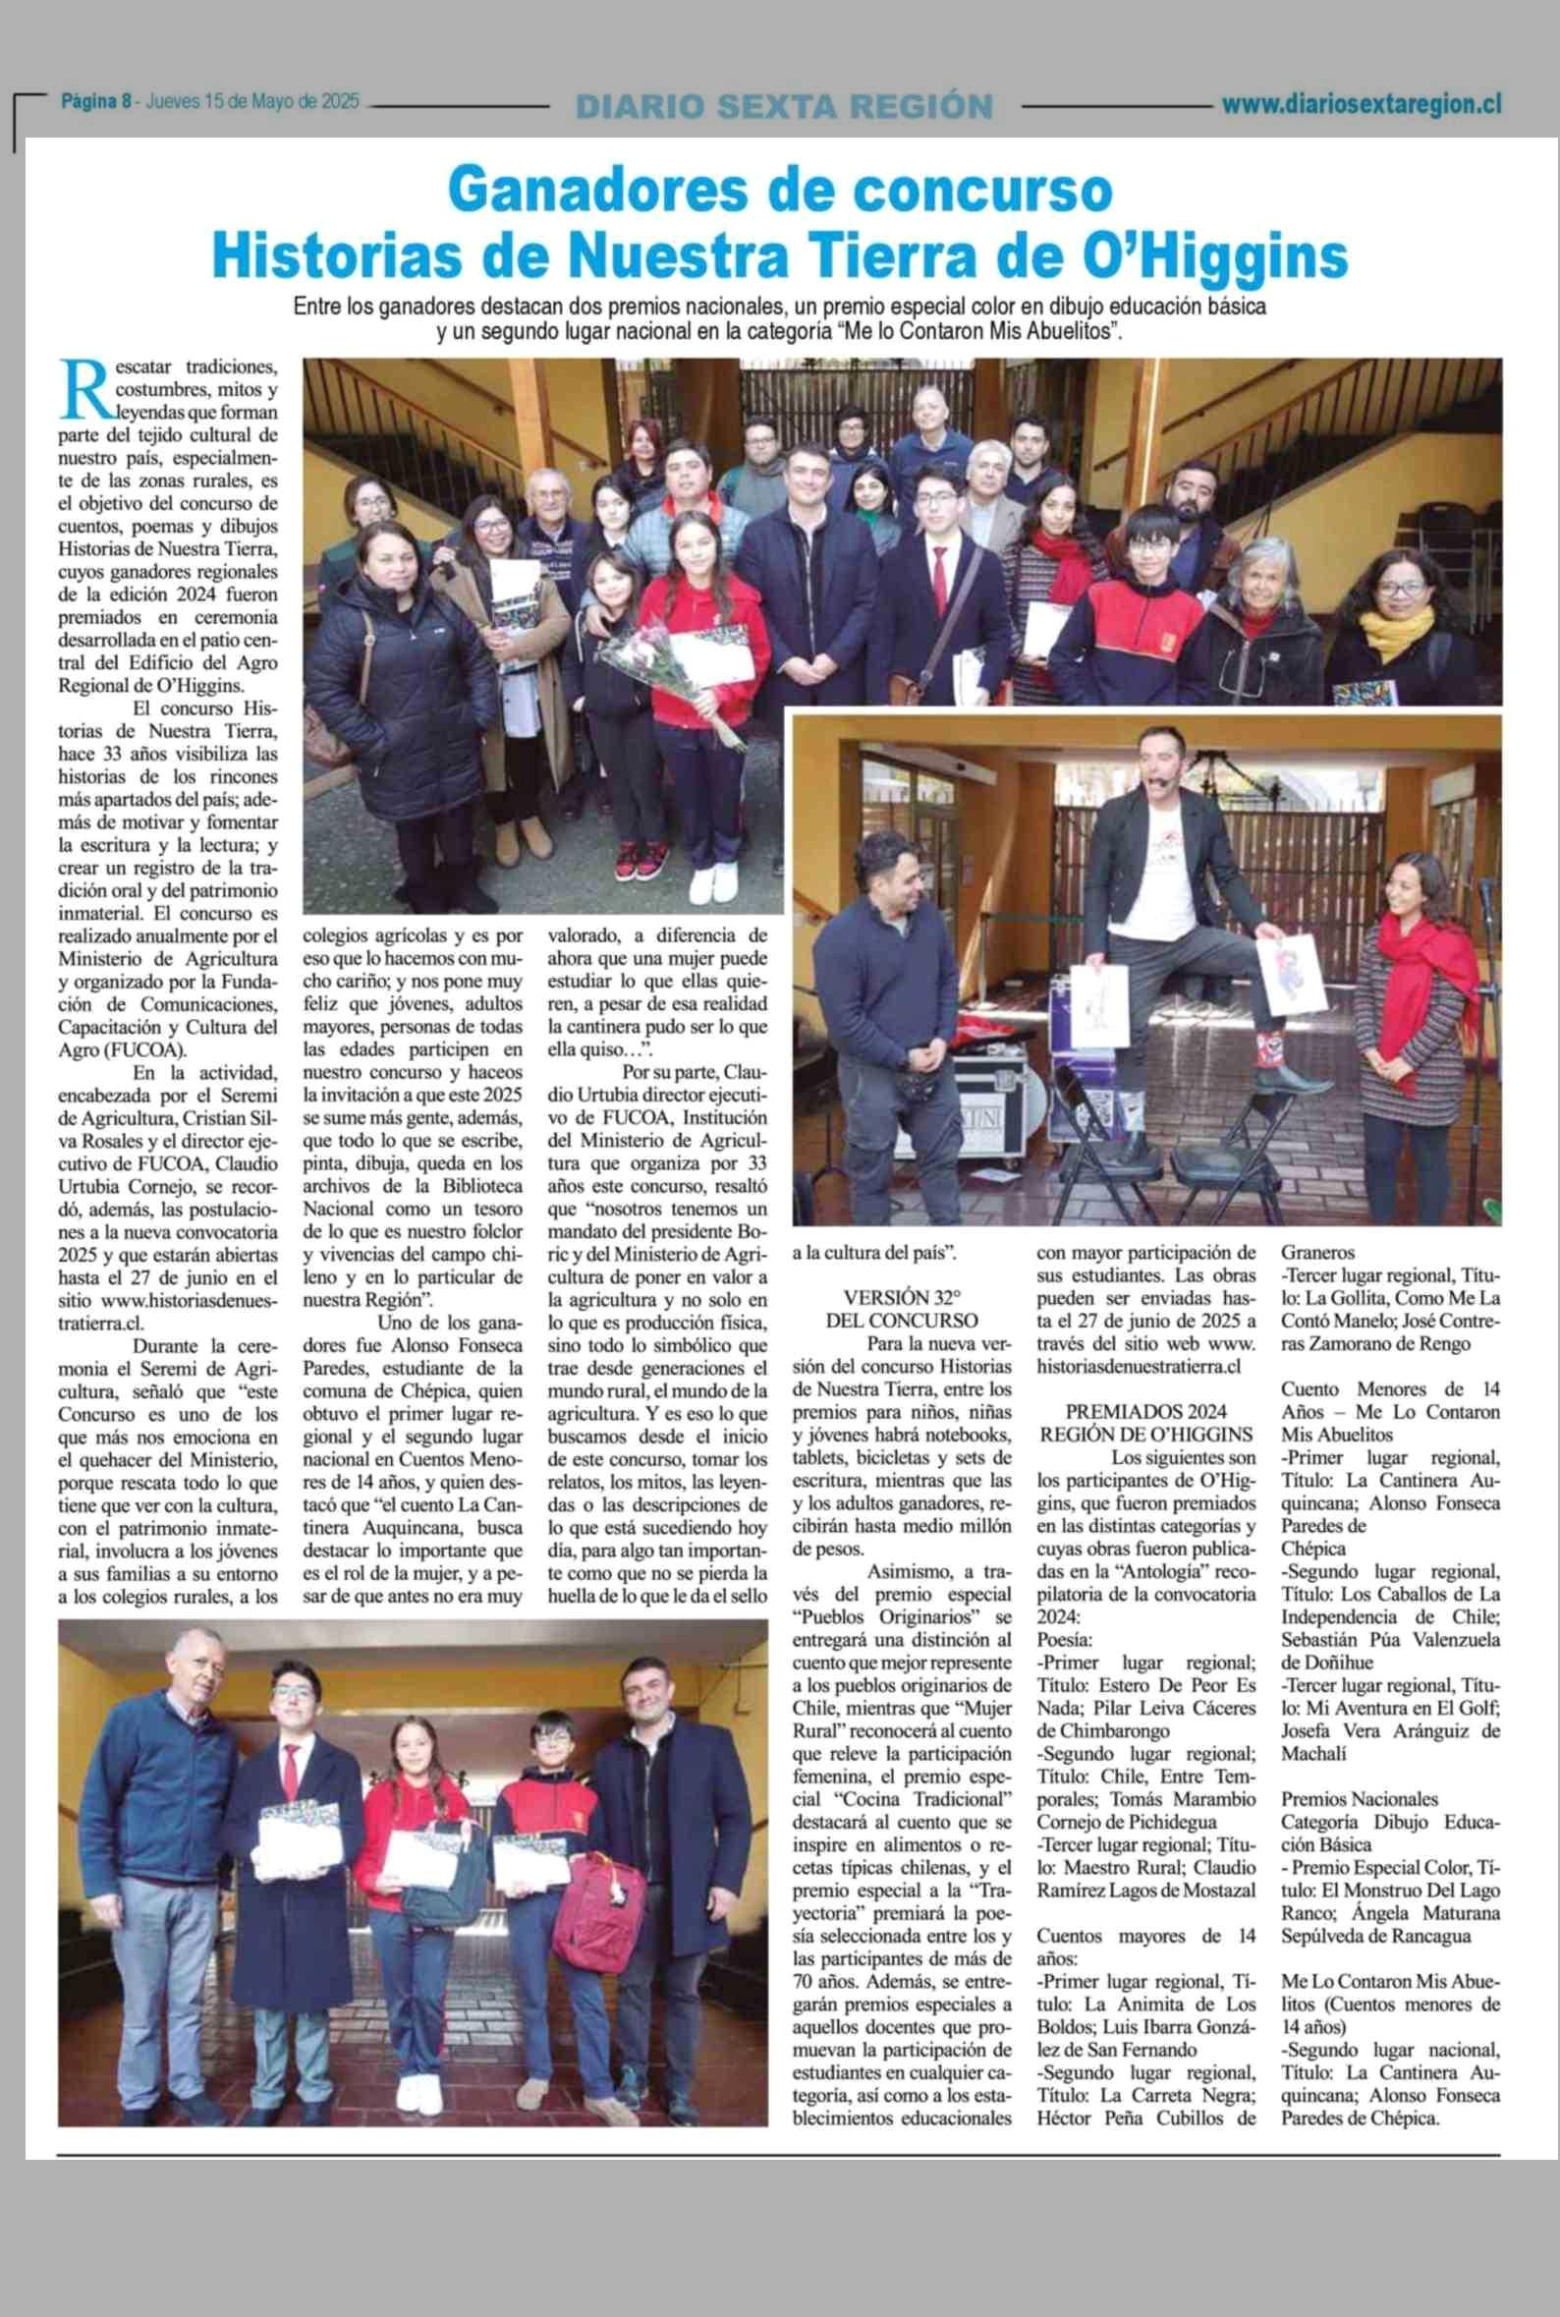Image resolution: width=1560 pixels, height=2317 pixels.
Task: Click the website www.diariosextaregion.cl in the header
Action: point(1361,103)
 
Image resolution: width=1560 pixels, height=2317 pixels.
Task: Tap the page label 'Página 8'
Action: point(97,101)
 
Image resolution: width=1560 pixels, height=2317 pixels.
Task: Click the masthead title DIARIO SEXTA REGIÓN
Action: point(784,106)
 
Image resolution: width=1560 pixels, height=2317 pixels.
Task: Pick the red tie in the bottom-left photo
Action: point(291,1777)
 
